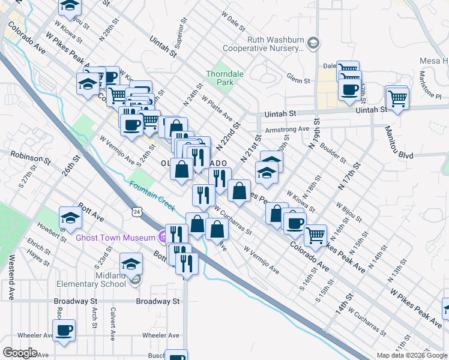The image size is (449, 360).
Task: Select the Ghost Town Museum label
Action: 115,238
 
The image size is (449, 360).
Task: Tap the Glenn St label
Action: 298,79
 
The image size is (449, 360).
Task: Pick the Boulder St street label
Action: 333,152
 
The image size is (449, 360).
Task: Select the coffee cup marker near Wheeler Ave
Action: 64,329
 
